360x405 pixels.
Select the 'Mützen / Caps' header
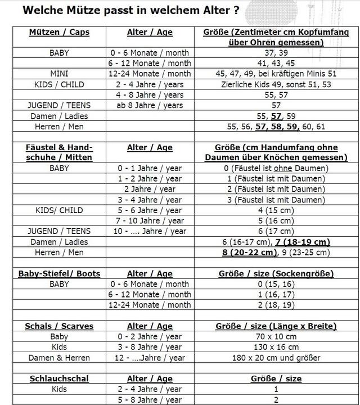59,32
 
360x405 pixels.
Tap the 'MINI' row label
59,74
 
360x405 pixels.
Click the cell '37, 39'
276,53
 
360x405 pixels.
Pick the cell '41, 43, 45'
276,64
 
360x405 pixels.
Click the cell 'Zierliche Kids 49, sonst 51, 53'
276,84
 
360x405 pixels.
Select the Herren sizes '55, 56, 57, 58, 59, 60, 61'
276,127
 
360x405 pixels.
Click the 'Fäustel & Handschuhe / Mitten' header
59,152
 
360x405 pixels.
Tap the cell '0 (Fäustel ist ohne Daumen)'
276,168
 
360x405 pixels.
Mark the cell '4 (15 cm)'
276,210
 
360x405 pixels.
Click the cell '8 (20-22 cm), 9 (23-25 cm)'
276,252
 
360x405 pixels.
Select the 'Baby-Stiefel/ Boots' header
59,274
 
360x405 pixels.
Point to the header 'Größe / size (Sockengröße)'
276,274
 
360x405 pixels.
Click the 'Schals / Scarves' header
59,326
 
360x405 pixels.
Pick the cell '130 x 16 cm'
276,347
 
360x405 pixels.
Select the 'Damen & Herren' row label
59,358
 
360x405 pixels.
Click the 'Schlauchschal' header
59,379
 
